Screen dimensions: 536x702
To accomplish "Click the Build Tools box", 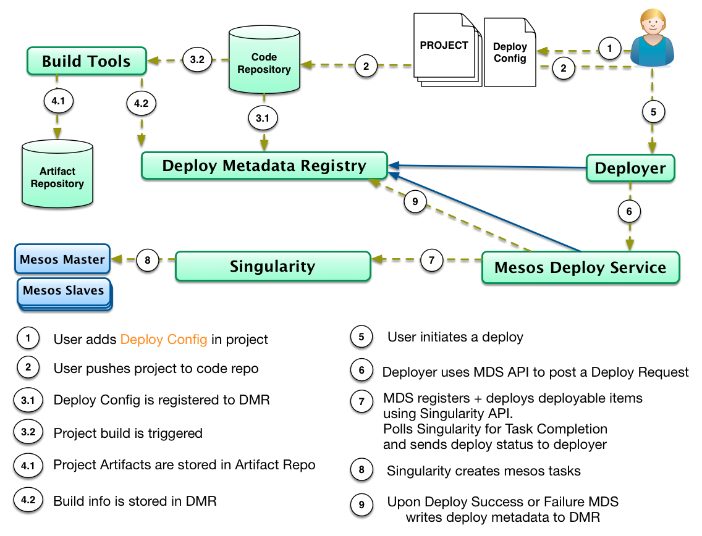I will coord(86,61).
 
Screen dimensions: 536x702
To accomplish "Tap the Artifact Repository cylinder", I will coord(57,175).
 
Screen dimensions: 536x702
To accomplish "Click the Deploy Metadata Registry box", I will coord(264,166).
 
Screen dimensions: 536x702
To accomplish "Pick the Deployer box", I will coord(630,168).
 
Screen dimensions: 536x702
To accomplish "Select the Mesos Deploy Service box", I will coord(580,267).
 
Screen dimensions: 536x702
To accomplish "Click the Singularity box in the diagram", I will coord(273,267).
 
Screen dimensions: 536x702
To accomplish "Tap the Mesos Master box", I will coord(62,260).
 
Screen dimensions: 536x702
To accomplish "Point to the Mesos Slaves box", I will coord(64,291).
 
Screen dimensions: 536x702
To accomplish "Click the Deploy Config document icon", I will coord(510,52).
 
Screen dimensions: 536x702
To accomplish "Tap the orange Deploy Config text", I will coord(164,339).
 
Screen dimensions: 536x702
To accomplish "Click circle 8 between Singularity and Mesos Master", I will coord(147,260).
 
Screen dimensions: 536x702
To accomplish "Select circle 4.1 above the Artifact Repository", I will coord(58,100).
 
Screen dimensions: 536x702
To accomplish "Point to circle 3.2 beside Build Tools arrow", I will coord(197,60).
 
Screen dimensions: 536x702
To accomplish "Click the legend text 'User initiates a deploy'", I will coord(455,337).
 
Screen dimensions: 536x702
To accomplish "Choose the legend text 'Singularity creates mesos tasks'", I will coord(484,471).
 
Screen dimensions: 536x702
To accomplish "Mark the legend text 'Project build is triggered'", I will coord(128,433).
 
